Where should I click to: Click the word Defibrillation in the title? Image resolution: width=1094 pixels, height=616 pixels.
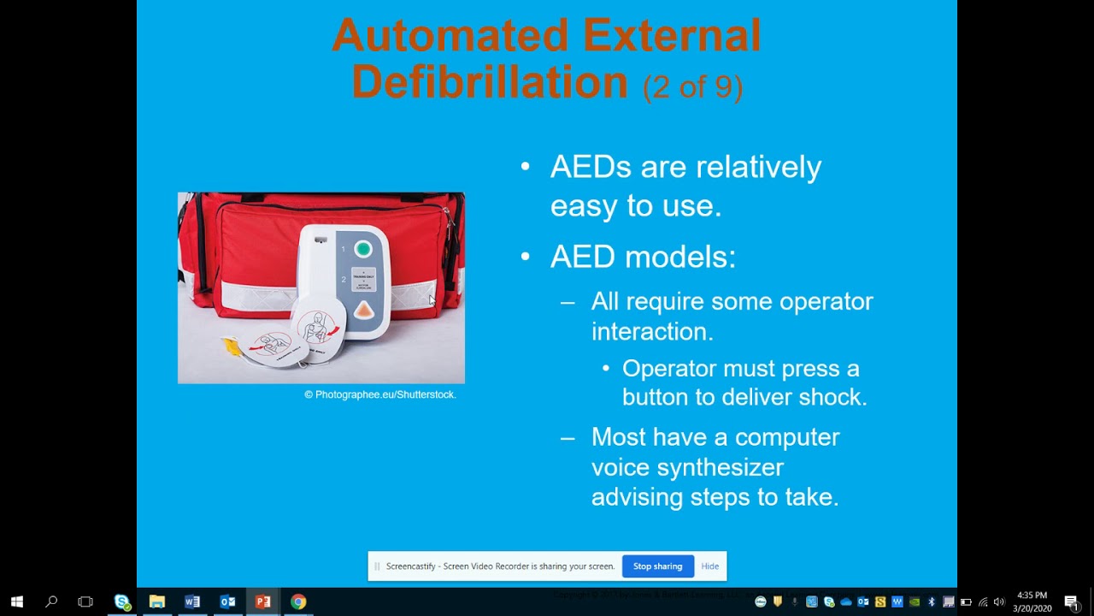[489, 82]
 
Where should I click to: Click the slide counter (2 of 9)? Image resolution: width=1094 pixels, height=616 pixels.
[692, 86]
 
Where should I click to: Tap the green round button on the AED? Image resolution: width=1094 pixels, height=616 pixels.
[363, 249]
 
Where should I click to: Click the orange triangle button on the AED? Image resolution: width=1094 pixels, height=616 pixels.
[363, 311]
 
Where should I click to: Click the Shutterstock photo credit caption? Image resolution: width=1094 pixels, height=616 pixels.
[380, 394]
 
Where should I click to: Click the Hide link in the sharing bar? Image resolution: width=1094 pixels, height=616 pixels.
[709, 566]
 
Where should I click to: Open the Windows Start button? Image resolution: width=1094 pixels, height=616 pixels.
[16, 601]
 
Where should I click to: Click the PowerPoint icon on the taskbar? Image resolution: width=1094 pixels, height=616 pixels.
[262, 601]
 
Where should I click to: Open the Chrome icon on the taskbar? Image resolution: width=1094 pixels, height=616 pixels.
[297, 601]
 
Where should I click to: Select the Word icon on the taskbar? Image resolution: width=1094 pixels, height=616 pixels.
[192, 601]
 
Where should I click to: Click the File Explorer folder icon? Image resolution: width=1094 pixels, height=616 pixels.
[156, 601]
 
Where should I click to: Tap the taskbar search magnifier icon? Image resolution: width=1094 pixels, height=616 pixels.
[51, 601]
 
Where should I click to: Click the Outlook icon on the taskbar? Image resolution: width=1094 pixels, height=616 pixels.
[227, 601]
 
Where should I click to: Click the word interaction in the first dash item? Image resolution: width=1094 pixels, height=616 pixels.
[651, 331]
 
